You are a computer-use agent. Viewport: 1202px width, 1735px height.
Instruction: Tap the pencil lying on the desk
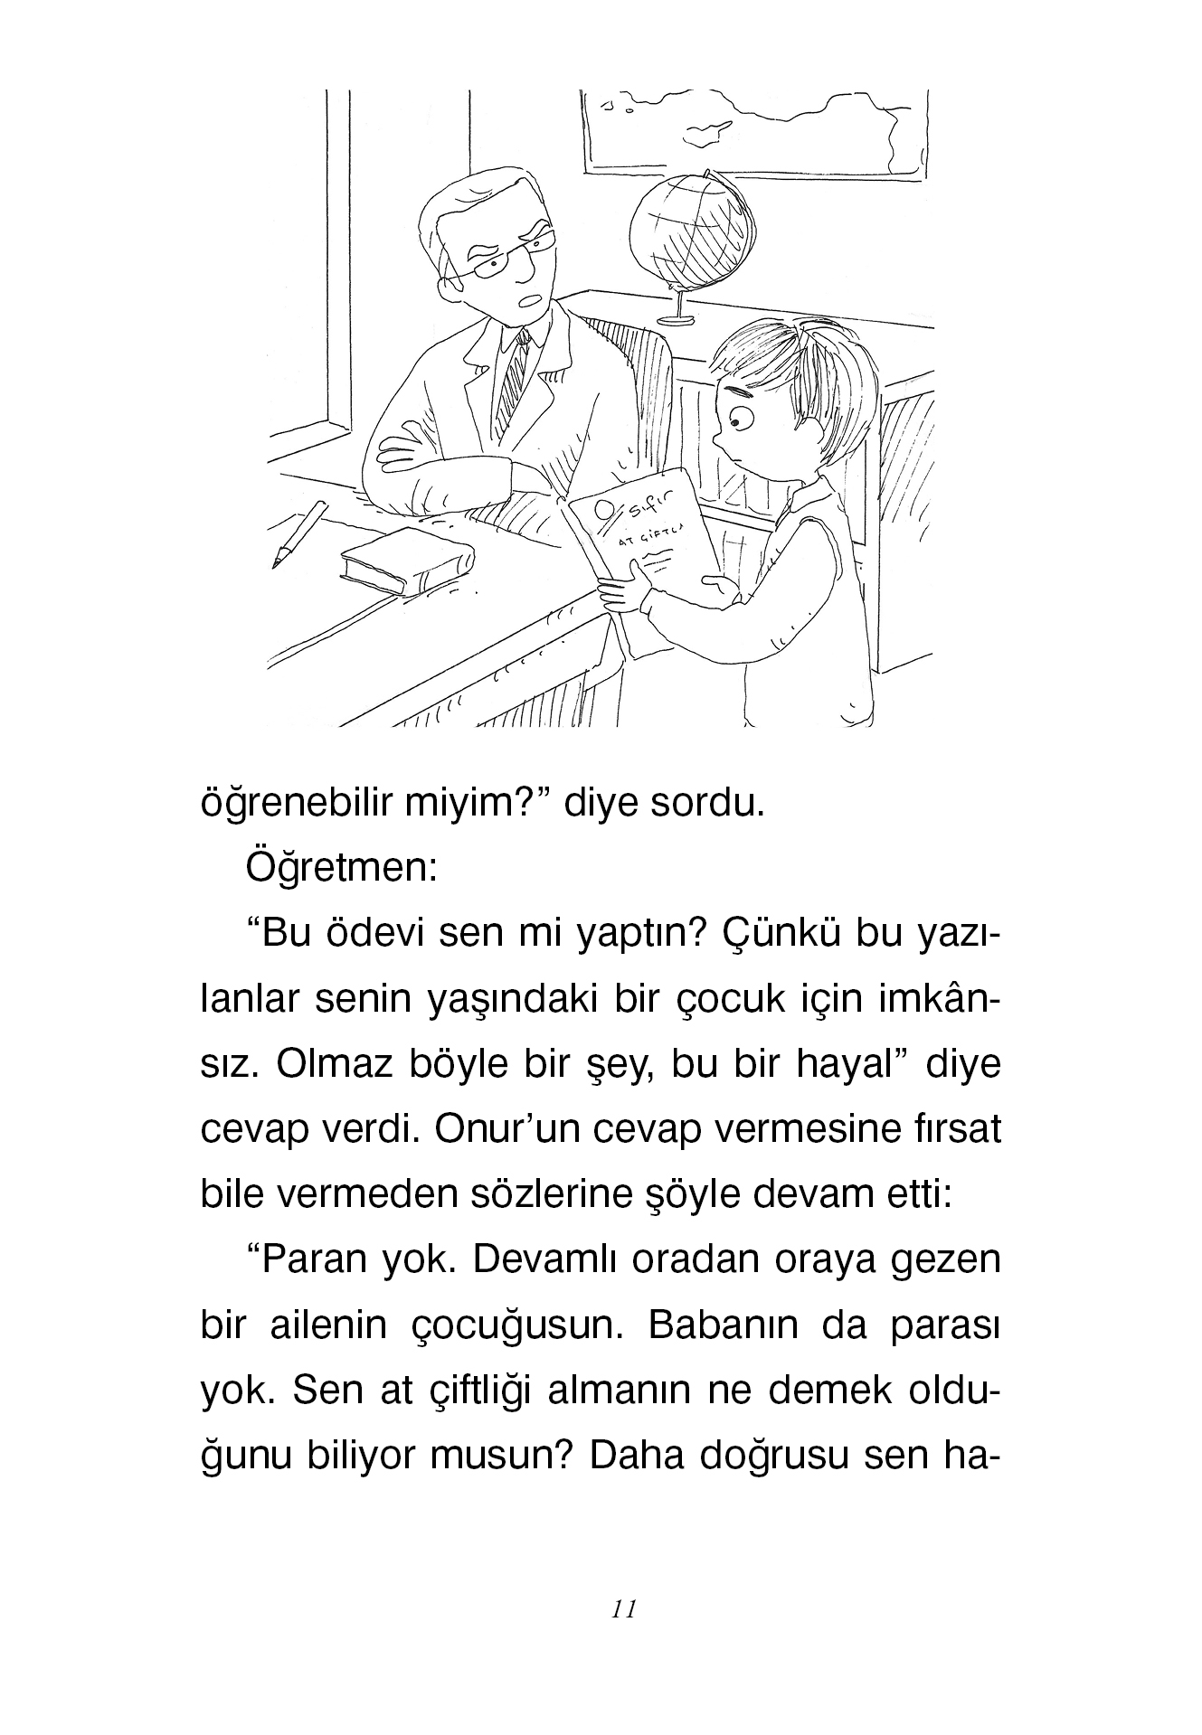pyautogui.click(x=298, y=534)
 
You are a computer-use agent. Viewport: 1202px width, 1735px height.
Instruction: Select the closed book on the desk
pyautogui.click(x=407, y=567)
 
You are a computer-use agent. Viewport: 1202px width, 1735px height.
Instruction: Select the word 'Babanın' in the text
pyautogui.click(x=714, y=1325)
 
